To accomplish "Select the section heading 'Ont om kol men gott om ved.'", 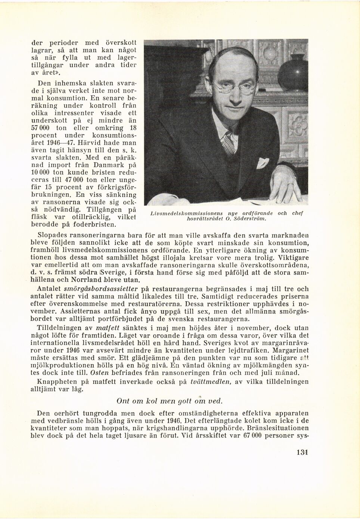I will coord(170,401).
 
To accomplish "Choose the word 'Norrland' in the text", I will coord(85,279).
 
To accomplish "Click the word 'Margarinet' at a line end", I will coord(291,350).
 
